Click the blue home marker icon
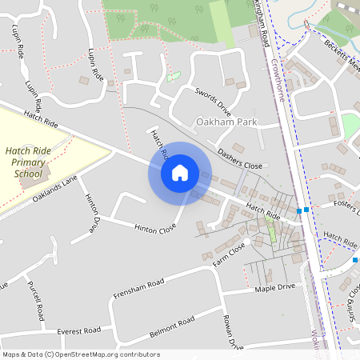click(180, 173)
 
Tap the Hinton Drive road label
click(90, 211)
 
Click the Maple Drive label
click(275, 288)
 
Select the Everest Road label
click(78, 330)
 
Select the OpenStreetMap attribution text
click(80, 354)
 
